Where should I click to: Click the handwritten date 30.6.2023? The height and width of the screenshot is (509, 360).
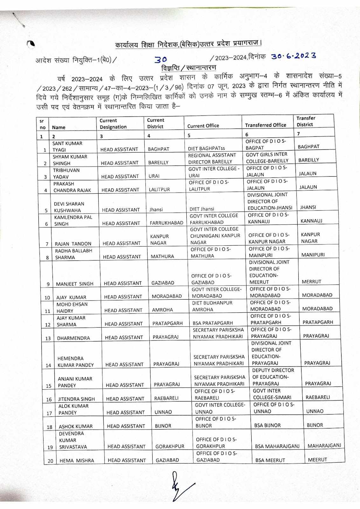293,56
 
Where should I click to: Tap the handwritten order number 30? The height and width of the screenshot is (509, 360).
161,60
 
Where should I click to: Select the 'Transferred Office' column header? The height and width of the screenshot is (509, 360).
266,125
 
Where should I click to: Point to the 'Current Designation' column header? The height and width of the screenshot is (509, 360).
113,124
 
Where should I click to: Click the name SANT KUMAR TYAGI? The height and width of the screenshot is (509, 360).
67,146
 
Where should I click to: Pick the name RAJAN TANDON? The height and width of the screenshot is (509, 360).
73,244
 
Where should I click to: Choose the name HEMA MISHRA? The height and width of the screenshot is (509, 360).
77,460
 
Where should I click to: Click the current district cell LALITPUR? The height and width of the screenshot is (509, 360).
159,189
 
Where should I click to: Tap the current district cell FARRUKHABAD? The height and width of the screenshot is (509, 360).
166,223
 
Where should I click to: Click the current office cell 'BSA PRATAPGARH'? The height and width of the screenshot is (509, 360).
212,323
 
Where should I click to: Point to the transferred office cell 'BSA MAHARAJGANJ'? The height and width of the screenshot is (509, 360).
277,446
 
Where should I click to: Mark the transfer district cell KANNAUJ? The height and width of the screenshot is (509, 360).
311,221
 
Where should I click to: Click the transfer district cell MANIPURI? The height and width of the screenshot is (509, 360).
313,255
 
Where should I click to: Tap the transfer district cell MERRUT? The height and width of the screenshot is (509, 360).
311,282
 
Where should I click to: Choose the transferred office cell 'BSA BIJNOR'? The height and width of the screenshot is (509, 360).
267,425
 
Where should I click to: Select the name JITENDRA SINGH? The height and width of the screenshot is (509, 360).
76,399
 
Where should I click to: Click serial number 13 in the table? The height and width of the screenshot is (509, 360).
48,338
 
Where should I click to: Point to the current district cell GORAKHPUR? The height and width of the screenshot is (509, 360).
170,446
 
